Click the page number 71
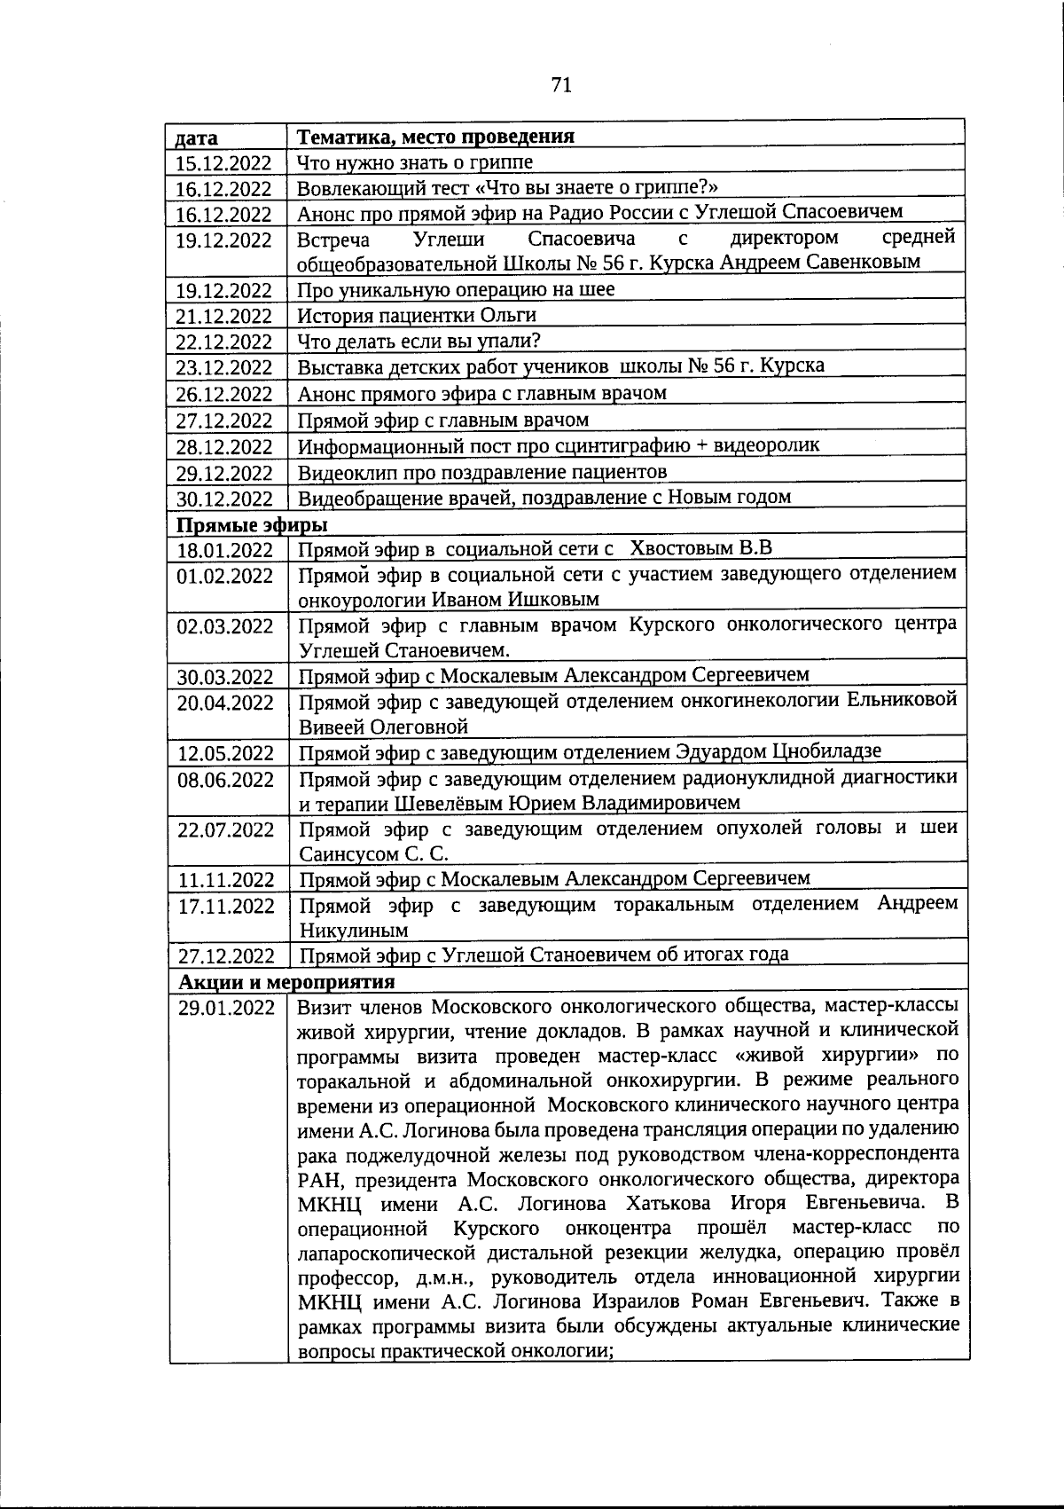tap(560, 85)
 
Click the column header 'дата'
tap(197, 138)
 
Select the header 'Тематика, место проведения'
tap(435, 137)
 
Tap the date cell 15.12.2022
tap(223, 163)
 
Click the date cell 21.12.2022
tap(223, 317)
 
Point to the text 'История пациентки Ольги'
tap(417, 316)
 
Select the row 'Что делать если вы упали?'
tap(419, 342)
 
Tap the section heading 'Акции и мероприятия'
tap(286, 982)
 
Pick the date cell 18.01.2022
tap(224, 550)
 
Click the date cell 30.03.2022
tap(225, 678)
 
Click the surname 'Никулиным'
tap(354, 931)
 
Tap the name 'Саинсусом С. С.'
tap(373, 854)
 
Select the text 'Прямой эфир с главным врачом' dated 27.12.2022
tap(442, 419)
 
